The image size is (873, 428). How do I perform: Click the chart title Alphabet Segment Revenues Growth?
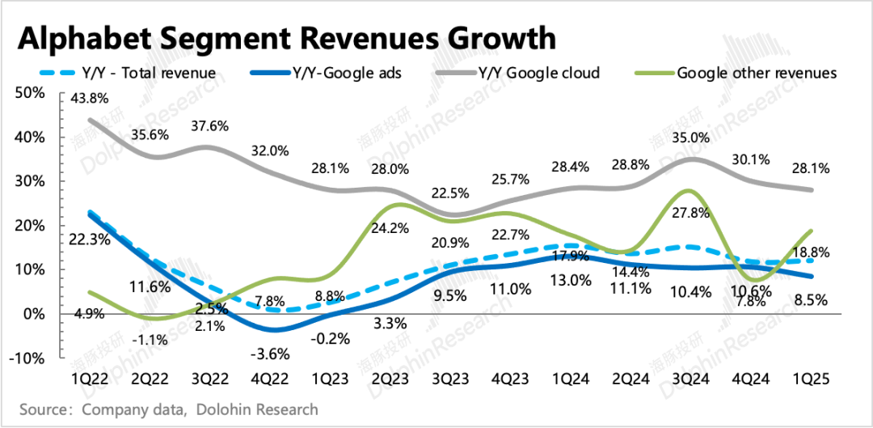(287, 37)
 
